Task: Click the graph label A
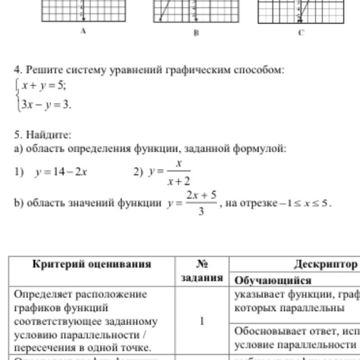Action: click(83, 32)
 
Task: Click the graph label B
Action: click(196, 33)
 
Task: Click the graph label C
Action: click(301, 33)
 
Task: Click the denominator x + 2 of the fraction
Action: click(179, 181)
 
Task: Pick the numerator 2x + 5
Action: click(201, 195)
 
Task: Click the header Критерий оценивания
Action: click(92, 264)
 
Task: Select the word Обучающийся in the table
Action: click(273, 280)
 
